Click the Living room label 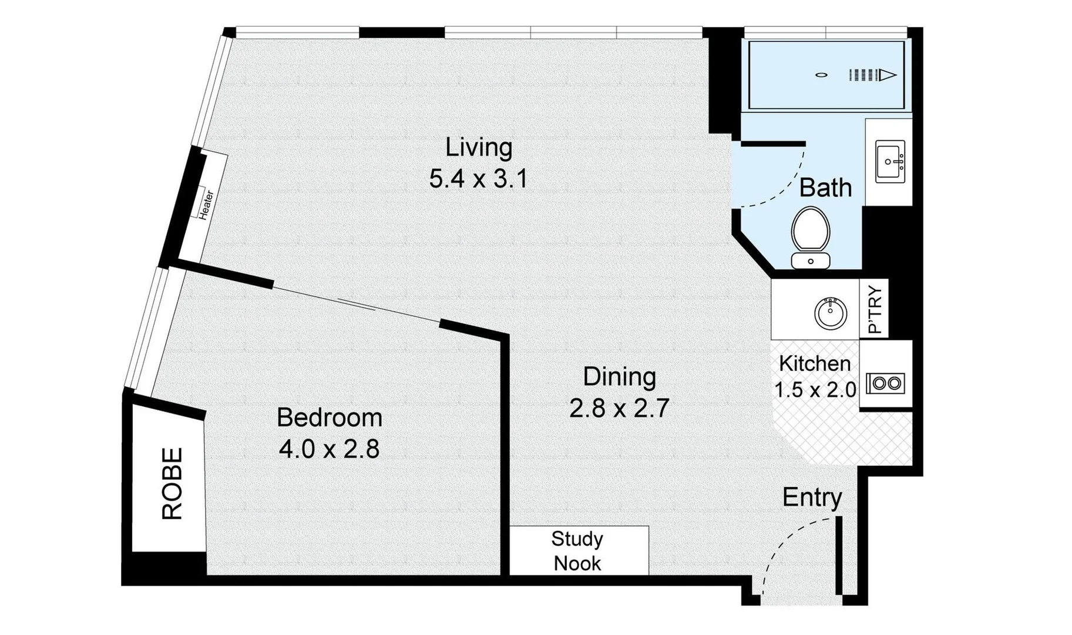(x=479, y=147)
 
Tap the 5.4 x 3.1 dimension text (x=479, y=178)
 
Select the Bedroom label (x=330, y=417)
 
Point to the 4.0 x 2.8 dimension (x=329, y=449)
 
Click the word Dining (x=619, y=377)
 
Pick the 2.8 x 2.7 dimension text (x=619, y=408)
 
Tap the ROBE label (x=172, y=483)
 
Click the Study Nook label (x=577, y=551)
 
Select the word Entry (x=812, y=498)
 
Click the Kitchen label (x=815, y=363)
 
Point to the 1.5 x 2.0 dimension (x=815, y=390)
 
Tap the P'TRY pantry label (x=875, y=309)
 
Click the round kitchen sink (x=831, y=313)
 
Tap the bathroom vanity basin (x=890, y=161)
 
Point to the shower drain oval (x=821, y=75)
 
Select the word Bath (x=825, y=188)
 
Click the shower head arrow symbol (x=873, y=75)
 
